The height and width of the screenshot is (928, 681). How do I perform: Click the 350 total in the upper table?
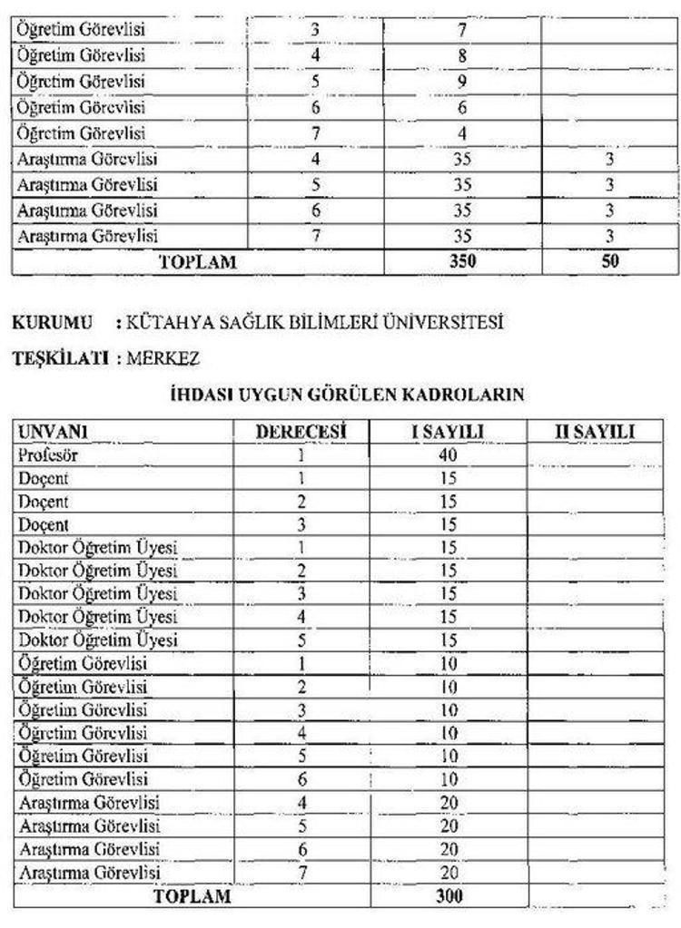[x=463, y=263]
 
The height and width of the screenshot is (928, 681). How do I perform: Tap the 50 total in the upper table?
[x=610, y=263]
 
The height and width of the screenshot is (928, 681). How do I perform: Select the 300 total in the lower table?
[x=449, y=896]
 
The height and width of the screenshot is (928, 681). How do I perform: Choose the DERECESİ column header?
[x=301, y=433]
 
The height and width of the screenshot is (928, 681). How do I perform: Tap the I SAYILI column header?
[x=449, y=433]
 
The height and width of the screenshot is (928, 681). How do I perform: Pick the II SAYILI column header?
[x=595, y=433]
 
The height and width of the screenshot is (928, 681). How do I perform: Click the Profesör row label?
[x=45, y=455]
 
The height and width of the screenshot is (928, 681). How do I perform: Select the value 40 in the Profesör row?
[x=449, y=455]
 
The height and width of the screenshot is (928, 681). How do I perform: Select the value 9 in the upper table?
[x=462, y=81]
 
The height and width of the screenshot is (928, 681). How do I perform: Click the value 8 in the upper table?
[x=462, y=55]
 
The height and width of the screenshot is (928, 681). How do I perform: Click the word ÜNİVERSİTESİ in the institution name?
[x=449, y=323]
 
